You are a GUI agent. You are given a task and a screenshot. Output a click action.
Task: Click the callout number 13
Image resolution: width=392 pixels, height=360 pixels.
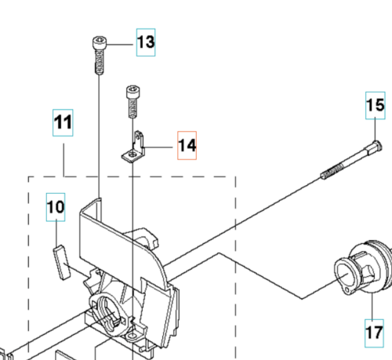tap(146, 42)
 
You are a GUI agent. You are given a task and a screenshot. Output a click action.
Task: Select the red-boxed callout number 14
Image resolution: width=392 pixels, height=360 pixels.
tap(187, 145)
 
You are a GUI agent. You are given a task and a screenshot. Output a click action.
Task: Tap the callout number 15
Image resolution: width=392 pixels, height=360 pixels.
tap(376, 104)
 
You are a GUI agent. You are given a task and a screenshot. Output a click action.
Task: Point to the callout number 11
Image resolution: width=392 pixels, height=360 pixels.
tap(63, 123)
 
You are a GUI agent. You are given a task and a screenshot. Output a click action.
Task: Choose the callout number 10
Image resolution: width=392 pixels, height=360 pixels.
tap(56, 208)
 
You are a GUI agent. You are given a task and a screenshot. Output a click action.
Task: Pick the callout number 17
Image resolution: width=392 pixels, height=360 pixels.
tap(374, 333)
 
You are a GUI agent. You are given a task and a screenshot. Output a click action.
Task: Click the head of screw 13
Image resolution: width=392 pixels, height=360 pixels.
tap(100, 43)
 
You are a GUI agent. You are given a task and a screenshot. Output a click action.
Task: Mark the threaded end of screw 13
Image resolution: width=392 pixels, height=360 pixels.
tap(100, 67)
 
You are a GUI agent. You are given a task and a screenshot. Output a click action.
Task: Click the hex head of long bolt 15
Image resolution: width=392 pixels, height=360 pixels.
tap(376, 145)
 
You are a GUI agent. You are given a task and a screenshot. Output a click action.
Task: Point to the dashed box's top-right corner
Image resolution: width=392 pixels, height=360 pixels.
tap(236, 176)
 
